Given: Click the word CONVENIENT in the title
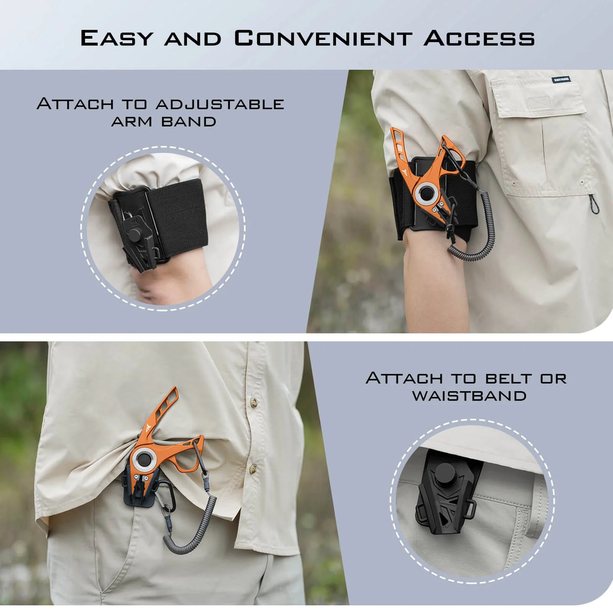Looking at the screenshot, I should (323, 38).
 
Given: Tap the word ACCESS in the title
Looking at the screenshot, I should (479, 38).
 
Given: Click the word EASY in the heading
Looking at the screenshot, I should (117, 38).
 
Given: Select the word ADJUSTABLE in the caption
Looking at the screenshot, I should (220, 104).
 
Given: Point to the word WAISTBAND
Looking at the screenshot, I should (469, 396).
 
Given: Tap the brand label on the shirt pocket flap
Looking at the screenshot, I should (561, 79).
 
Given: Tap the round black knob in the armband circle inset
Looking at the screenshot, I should (135, 234).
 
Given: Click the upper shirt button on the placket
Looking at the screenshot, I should (254, 401).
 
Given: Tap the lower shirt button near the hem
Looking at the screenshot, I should (253, 468).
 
